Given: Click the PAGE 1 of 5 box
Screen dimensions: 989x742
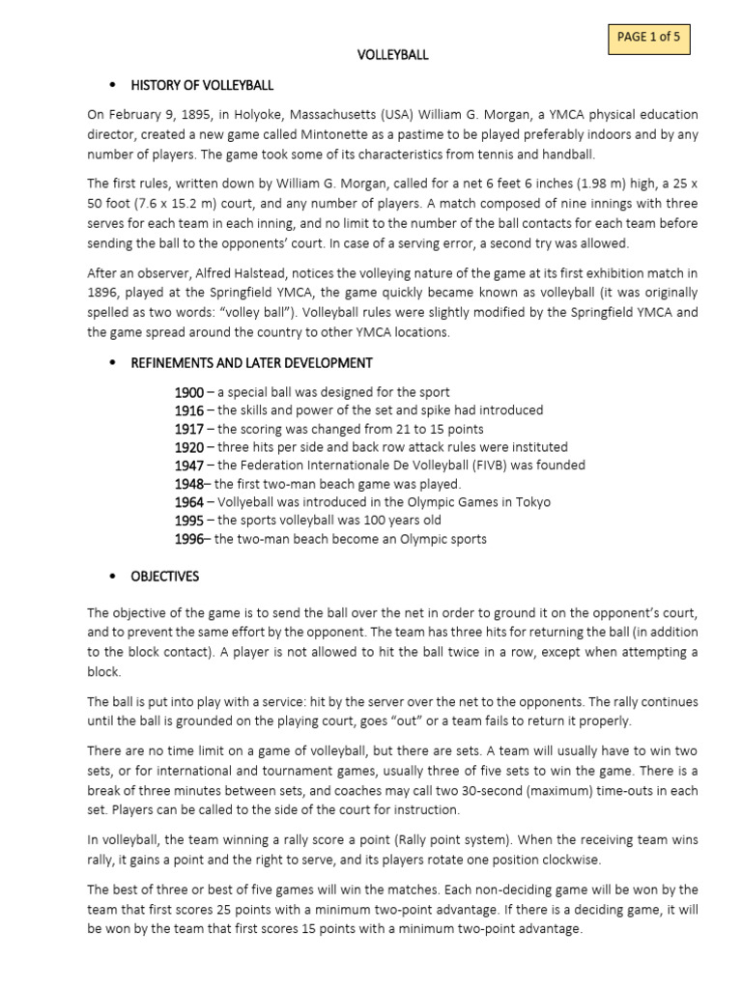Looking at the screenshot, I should point(647,38).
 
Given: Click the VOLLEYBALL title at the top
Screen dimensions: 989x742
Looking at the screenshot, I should point(392,55).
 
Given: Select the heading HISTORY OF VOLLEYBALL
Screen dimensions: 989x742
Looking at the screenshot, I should point(202,85).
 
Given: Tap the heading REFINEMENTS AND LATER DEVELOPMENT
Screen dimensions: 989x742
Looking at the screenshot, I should point(251,362).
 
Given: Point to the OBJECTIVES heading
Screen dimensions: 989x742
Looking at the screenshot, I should point(165,577).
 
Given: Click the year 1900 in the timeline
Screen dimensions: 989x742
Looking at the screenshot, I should point(188,392).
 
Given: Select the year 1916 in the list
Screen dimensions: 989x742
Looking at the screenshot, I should point(188,410).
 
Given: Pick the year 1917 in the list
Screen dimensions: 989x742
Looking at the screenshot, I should point(188,429).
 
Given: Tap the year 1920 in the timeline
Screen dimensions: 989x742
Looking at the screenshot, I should point(188,447).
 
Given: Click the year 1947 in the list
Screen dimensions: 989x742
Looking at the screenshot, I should point(188,466).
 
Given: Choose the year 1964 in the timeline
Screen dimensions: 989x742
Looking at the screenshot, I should point(188,502).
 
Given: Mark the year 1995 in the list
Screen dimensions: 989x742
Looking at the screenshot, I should point(188,521).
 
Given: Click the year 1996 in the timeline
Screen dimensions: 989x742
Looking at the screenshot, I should point(188,539).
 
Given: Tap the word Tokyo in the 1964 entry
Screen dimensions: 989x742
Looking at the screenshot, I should point(531,502).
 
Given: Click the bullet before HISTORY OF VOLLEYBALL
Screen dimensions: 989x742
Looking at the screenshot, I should point(113,85).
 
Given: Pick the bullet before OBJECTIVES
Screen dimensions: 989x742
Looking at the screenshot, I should point(113,577).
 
